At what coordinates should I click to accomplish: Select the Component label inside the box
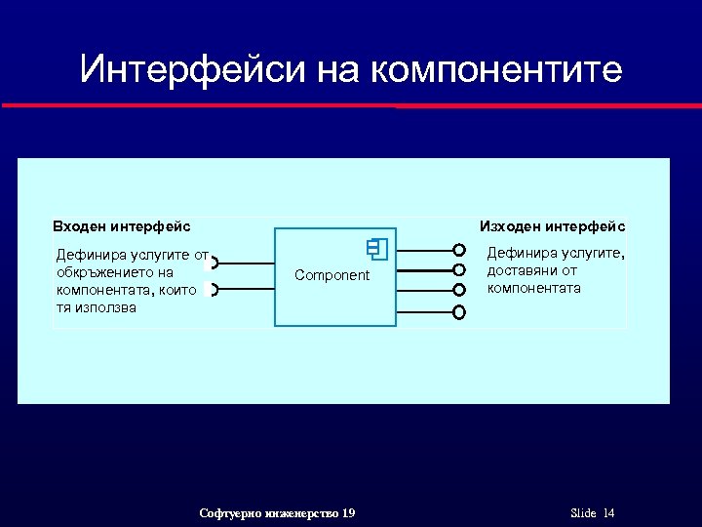point(332,275)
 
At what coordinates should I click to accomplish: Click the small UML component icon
point(378,249)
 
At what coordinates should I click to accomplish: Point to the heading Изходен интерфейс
point(553,226)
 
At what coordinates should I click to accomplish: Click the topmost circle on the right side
point(459,251)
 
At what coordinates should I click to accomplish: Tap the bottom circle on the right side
point(459,312)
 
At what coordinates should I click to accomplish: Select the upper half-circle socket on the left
point(214,263)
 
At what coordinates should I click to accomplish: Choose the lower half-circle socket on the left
point(214,289)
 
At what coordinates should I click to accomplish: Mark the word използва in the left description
point(103,307)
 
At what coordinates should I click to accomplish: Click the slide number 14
point(609,513)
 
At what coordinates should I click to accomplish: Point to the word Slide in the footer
point(583,513)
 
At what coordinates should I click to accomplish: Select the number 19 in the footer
point(348,513)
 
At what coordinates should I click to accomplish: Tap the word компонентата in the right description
point(533,288)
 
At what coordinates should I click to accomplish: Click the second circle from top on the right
point(459,270)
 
